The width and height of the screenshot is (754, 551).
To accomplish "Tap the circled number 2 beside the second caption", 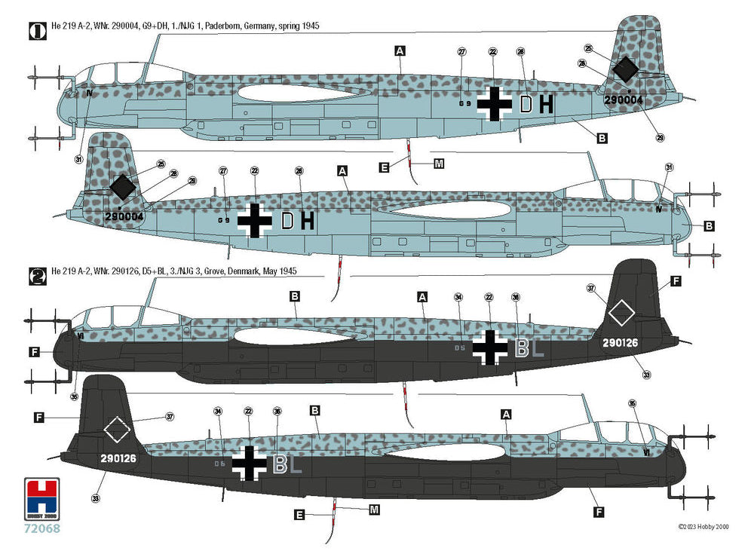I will tap(34, 276).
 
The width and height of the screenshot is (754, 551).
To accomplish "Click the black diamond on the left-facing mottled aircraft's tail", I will tap(626, 70).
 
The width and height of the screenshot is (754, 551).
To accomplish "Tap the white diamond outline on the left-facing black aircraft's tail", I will tap(620, 313).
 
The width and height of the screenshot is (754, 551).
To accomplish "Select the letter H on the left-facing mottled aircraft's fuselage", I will tap(546, 104).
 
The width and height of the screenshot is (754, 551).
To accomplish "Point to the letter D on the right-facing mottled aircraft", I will tap(287, 221).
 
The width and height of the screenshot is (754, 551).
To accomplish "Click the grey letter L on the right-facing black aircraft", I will tap(296, 465).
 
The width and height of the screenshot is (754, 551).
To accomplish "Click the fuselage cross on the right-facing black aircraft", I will tap(249, 463).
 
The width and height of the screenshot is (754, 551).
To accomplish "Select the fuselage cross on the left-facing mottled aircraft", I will tap(495, 104).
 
